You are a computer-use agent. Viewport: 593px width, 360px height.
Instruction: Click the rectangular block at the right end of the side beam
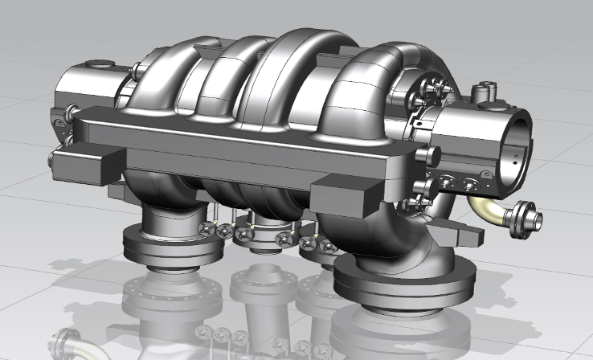pos(346,197)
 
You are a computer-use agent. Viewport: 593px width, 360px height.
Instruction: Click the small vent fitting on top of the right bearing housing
pos(483,93)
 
